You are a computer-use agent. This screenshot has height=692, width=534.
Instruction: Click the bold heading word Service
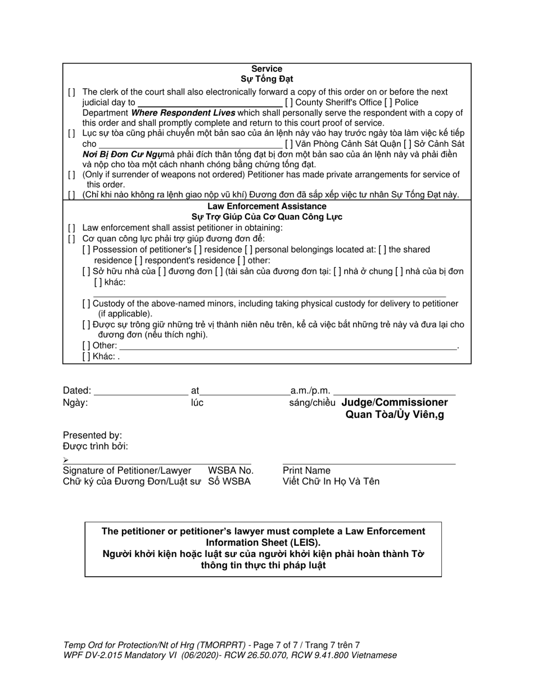pyautogui.click(x=266, y=69)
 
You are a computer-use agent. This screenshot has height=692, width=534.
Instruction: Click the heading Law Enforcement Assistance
pyautogui.click(x=266, y=206)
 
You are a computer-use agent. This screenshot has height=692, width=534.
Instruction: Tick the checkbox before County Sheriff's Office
pyautogui.click(x=288, y=102)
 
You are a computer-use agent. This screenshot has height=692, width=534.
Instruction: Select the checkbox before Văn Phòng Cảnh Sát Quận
pyautogui.click(x=288, y=144)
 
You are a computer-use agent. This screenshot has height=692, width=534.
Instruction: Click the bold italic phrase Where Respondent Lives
pyautogui.click(x=183, y=113)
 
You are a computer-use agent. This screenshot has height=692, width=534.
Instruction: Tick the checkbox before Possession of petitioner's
pyautogui.click(x=87, y=250)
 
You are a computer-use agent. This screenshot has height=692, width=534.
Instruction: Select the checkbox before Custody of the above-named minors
pyautogui.click(x=87, y=304)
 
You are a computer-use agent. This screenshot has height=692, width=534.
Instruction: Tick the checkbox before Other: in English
pyautogui.click(x=87, y=346)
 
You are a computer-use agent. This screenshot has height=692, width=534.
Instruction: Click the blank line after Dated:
pyautogui.click(x=141, y=390)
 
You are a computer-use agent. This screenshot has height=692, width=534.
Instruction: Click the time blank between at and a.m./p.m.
pyautogui.click(x=245, y=390)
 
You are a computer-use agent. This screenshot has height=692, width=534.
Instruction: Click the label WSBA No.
pyautogui.click(x=230, y=470)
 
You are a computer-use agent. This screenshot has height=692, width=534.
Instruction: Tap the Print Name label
pyautogui.click(x=306, y=470)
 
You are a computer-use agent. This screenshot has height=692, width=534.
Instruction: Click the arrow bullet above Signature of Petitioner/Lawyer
pyautogui.click(x=66, y=460)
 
